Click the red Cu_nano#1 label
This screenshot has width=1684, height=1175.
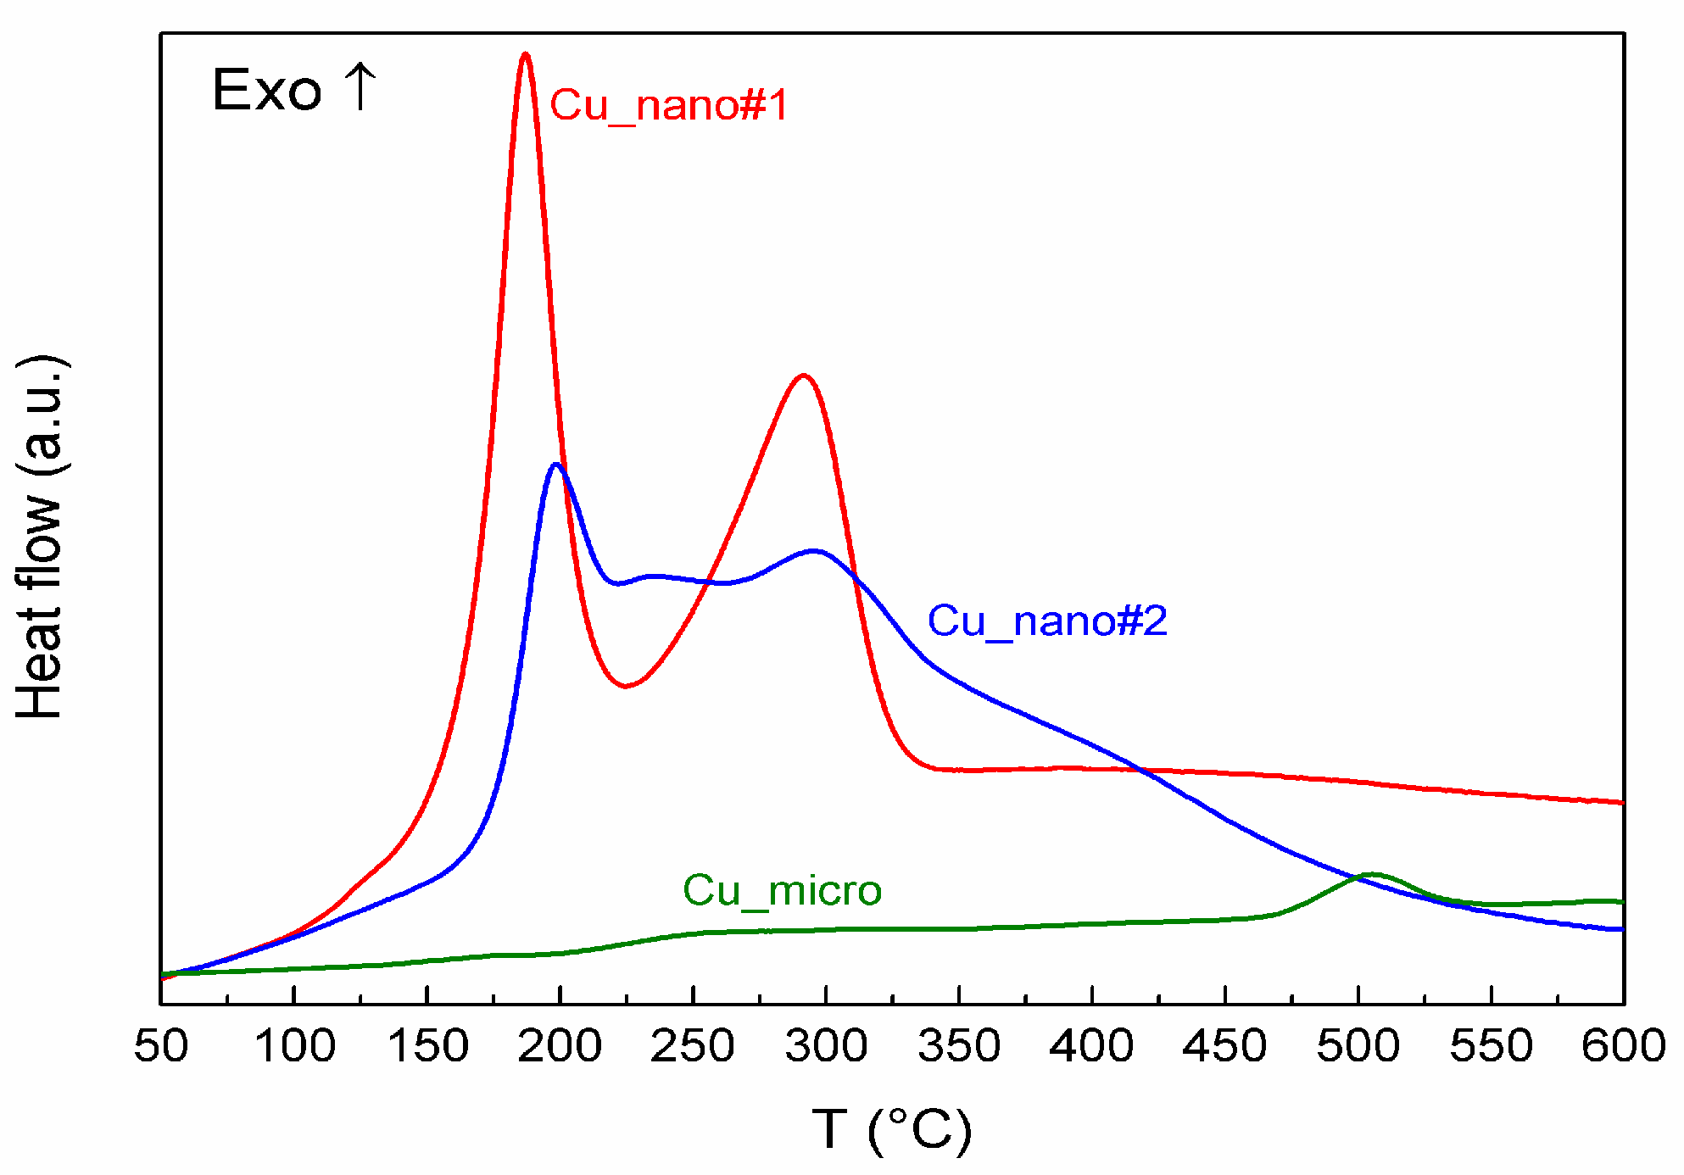coord(669,106)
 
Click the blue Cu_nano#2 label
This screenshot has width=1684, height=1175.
coord(1047,621)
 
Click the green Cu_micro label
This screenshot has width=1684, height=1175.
coord(782,891)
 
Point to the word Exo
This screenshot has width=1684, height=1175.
coord(267,90)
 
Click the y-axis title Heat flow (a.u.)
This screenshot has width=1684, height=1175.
coord(40,537)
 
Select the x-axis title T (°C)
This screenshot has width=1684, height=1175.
coord(892,1129)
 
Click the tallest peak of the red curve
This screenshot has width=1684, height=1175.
coord(526,55)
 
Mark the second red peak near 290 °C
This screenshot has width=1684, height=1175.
coord(802,376)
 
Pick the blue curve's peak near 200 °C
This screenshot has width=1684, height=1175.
coord(556,465)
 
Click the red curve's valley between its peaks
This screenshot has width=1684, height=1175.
coord(625,686)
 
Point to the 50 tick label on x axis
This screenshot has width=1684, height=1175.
coord(161,1046)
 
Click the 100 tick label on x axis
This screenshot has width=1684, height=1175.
coord(294,1046)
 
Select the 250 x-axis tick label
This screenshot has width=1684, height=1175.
coord(693,1046)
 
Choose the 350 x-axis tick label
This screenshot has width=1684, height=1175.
coord(959,1046)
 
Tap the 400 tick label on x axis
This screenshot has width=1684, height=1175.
coord(1091,1046)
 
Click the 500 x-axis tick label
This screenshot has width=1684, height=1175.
coord(1358,1046)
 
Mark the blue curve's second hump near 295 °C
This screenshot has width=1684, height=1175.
coord(814,551)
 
